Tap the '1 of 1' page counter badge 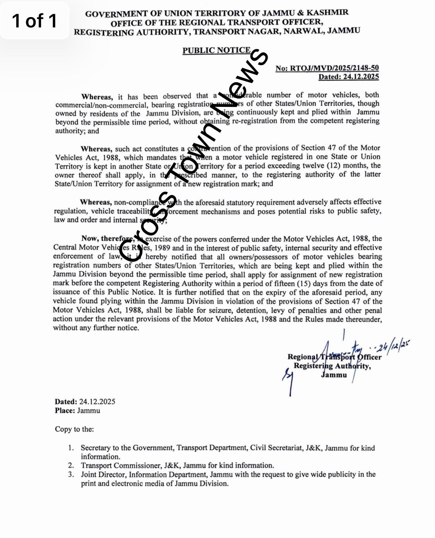[35, 21]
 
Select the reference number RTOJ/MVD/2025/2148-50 [327, 68]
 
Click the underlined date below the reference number [348, 77]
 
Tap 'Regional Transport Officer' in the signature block [334, 357]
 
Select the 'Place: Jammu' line [78, 410]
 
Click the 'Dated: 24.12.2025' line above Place [85, 401]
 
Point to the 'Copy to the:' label [74, 429]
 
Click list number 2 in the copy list [71, 465]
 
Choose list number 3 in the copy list [71, 474]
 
